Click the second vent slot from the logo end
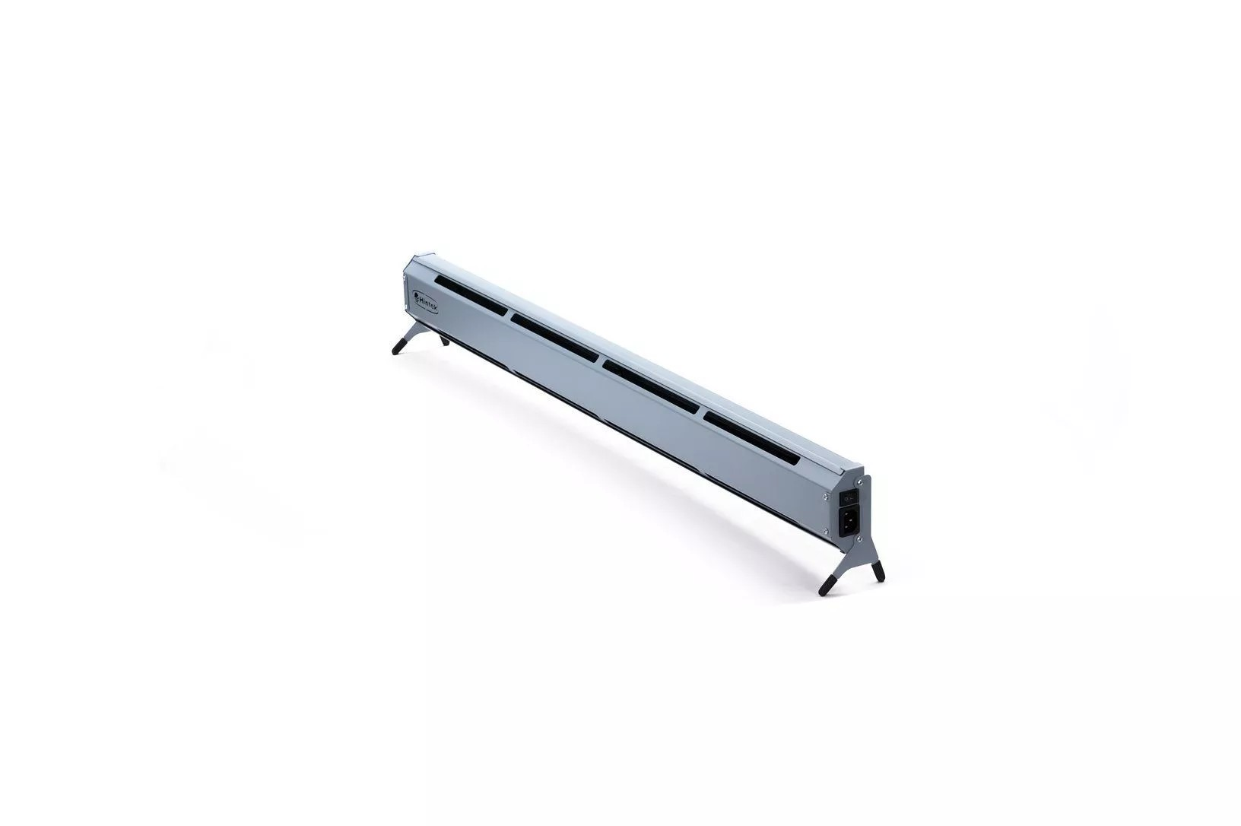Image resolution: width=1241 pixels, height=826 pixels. pos(557,335)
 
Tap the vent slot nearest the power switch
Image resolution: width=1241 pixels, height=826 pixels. pos(751,434)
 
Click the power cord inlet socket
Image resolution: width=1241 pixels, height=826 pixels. pos(849,521)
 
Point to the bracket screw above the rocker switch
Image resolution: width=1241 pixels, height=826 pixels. pos(859,482)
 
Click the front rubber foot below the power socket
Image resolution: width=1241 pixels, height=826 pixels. pos(827,586)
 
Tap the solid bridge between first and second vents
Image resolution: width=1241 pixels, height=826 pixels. pos(507,313)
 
